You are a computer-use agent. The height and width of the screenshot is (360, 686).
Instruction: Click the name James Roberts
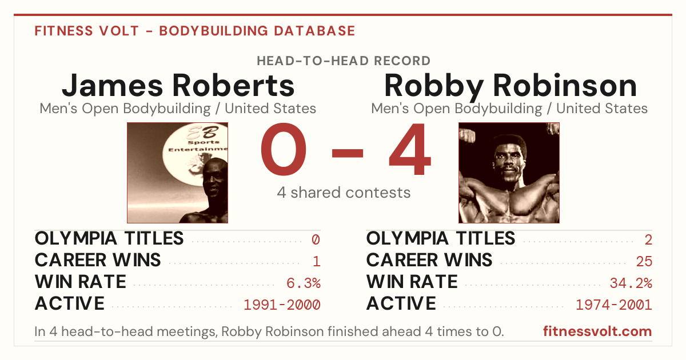coord(178,85)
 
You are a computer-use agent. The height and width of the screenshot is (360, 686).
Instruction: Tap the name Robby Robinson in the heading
coord(510,86)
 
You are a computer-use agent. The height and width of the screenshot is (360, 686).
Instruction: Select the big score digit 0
coord(284,149)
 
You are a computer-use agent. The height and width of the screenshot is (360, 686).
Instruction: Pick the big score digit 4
coord(410,149)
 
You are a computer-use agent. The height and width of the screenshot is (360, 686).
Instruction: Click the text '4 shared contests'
coord(344,193)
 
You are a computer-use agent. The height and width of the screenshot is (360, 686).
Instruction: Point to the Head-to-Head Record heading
coord(344,61)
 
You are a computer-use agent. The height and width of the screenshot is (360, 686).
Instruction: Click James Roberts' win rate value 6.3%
coord(304,283)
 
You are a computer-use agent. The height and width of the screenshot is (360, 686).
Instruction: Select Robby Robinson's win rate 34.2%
coord(631,283)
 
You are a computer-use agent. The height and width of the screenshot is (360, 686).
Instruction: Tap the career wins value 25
coord(644,262)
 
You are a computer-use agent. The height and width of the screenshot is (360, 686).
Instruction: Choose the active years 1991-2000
coord(282,305)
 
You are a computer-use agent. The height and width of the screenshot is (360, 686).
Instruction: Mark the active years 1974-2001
coord(614,305)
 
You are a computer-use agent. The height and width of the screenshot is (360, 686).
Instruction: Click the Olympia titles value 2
coord(648,239)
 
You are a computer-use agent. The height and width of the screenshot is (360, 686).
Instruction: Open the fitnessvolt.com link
coord(597,331)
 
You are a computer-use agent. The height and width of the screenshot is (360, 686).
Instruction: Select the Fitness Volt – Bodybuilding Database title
coord(195,31)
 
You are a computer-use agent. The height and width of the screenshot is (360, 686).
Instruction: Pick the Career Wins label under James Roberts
coord(98,260)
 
